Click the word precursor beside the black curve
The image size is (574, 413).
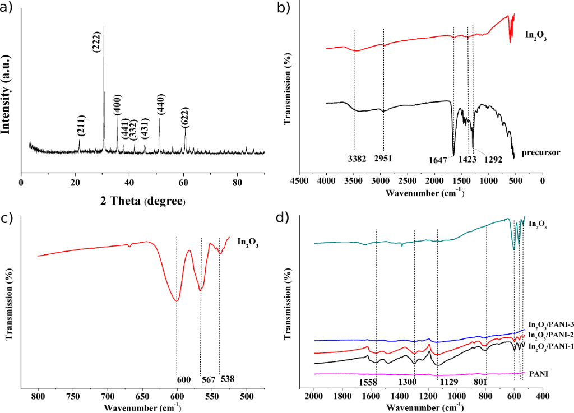541,152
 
